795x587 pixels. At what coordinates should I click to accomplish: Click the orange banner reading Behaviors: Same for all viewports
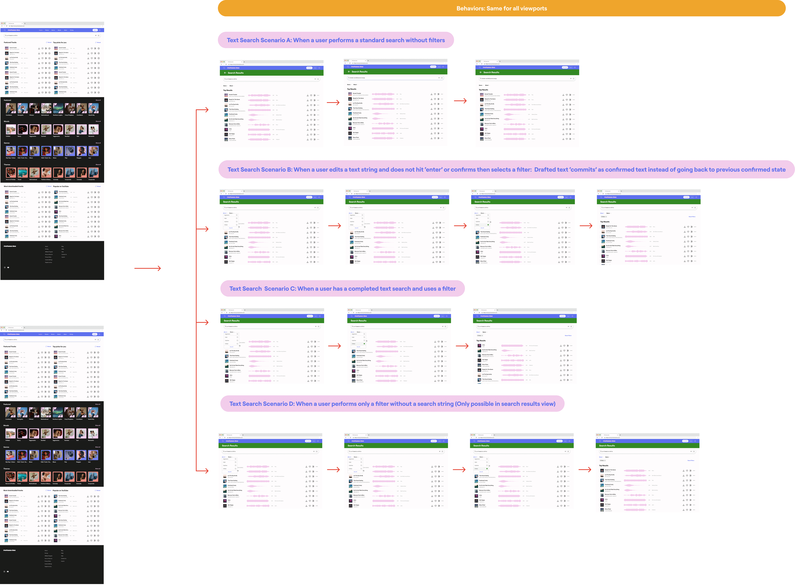[501, 8]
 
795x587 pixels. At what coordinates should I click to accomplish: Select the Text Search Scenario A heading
[336, 40]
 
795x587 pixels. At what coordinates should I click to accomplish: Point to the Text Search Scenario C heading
[342, 289]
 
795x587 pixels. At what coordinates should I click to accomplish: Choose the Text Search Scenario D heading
[392, 404]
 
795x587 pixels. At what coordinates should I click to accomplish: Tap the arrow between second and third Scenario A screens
[460, 101]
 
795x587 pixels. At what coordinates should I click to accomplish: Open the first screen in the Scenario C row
[272, 346]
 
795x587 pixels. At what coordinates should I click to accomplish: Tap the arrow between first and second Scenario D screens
[333, 470]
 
